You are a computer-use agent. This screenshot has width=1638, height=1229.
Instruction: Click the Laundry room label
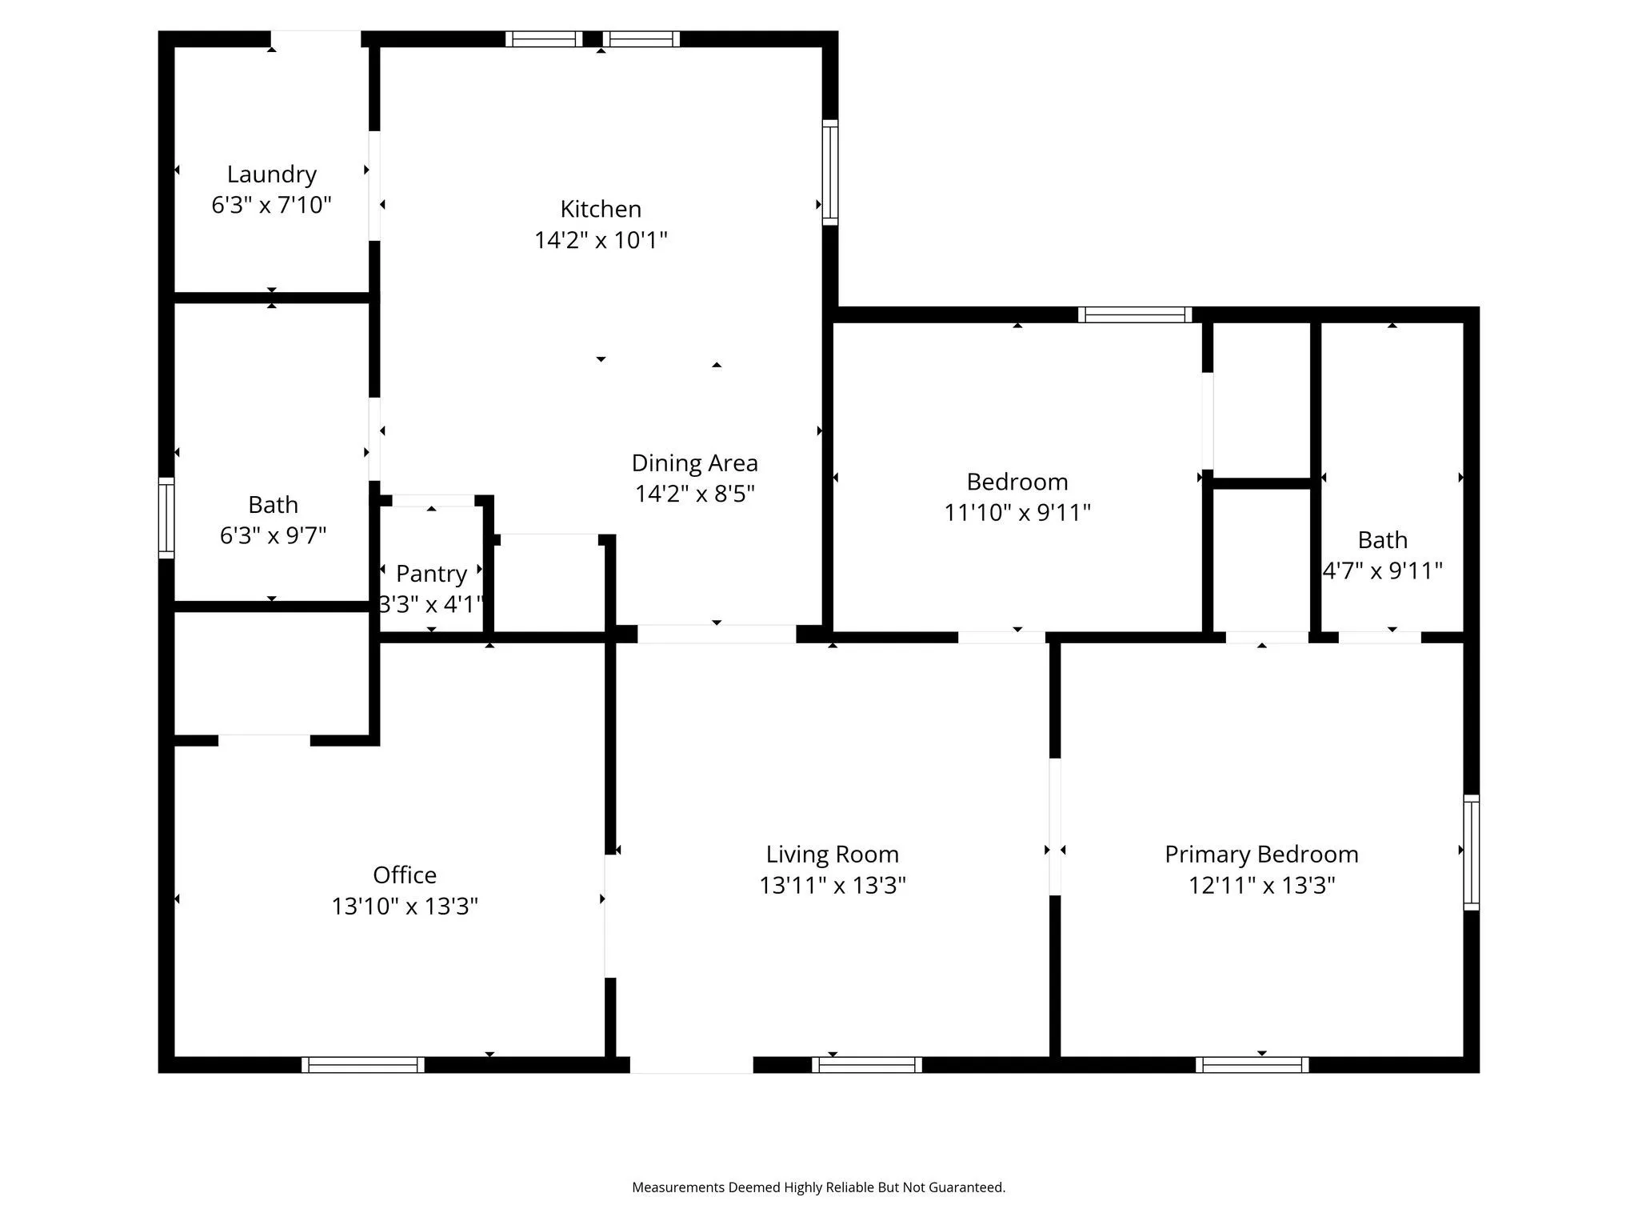271,174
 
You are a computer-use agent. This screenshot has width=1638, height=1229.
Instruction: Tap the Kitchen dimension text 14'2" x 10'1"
601,240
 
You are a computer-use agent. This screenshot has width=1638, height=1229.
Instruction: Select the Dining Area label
694,463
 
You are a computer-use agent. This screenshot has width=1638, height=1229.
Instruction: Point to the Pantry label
431,574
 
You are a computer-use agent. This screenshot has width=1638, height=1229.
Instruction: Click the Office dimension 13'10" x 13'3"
405,907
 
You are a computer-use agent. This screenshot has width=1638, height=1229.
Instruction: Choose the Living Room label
832,855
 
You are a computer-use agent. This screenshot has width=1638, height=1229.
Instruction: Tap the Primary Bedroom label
1261,855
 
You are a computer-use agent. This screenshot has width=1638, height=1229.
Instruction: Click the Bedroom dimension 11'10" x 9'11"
1017,513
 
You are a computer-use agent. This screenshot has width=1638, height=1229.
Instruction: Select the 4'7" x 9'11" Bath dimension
1382,571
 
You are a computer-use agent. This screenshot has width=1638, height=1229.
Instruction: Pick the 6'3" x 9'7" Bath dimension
273,535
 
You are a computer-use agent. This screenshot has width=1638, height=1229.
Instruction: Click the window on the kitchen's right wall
830,172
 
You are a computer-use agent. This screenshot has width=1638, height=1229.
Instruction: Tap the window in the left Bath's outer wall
166,518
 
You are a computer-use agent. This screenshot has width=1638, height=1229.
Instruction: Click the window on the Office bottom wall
363,1064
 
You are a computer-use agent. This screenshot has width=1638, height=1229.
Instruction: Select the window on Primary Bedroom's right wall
1471,852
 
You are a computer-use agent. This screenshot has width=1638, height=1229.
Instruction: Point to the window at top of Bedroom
1134,314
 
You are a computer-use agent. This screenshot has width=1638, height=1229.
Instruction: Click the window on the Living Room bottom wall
867,1064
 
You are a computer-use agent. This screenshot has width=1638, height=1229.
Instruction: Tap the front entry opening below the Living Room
691,1064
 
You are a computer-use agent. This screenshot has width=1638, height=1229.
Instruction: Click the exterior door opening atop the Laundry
315,39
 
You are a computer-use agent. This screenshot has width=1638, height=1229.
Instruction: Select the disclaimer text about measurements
818,1187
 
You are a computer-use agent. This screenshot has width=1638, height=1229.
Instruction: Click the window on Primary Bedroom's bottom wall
1252,1064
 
